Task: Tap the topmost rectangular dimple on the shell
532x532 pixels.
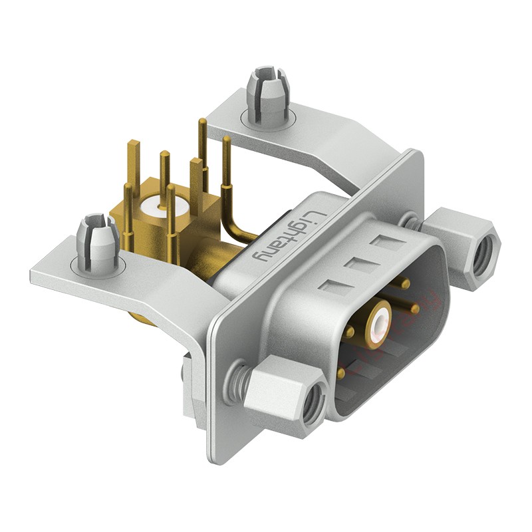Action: point(384,241)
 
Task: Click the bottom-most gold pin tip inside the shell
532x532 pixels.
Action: point(342,374)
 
